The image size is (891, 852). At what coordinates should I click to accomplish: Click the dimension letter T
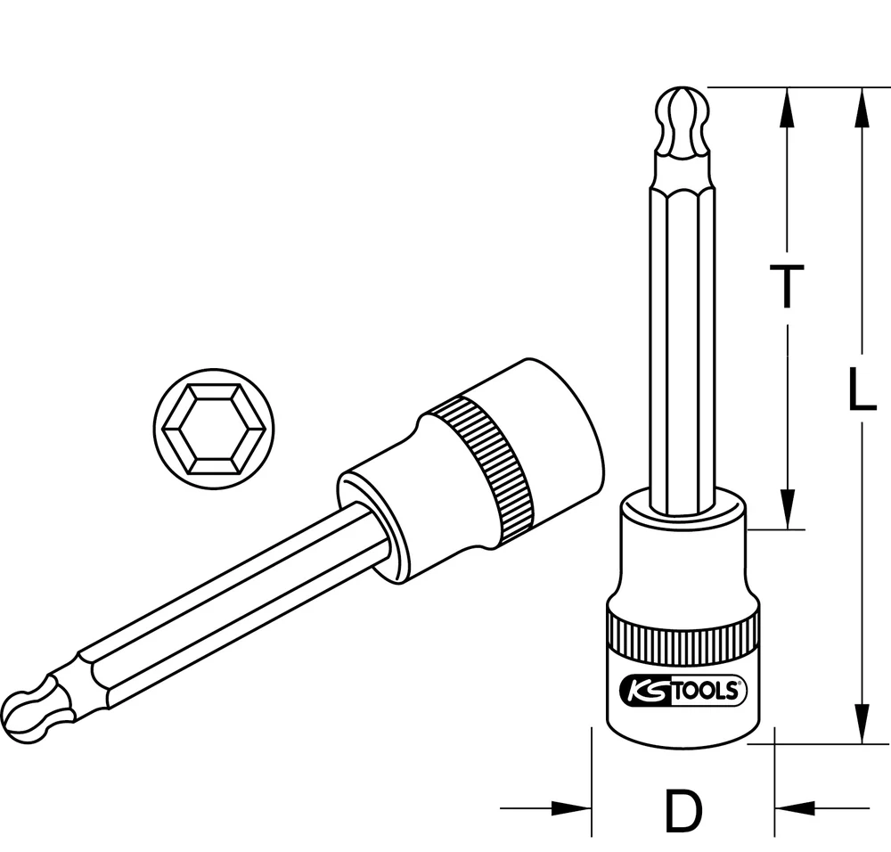787,287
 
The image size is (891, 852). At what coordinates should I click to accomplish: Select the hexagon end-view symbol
214,429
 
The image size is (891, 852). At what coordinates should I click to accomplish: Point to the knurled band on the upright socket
683,635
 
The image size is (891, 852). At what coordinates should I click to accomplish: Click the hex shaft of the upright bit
683,339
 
